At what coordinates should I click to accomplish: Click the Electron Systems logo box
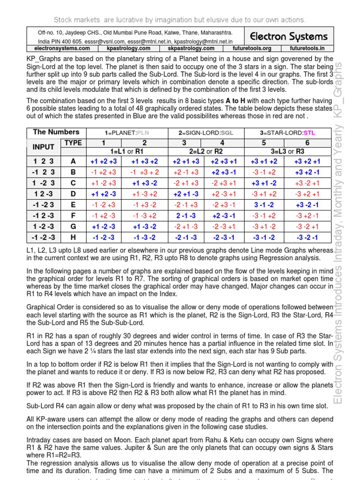coord(288,37)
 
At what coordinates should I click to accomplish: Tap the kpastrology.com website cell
coord(128,48)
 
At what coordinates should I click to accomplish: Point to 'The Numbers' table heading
coord(56,132)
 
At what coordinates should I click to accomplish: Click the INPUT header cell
coord(43,147)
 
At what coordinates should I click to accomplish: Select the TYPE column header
coord(73,142)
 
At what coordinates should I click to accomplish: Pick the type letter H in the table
coord(73,237)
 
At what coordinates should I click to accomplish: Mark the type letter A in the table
coord(73,161)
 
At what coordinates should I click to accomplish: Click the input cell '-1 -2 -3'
coord(44,237)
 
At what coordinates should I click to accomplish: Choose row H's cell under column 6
coord(307,237)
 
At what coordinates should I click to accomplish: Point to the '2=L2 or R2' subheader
coord(204,151)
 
